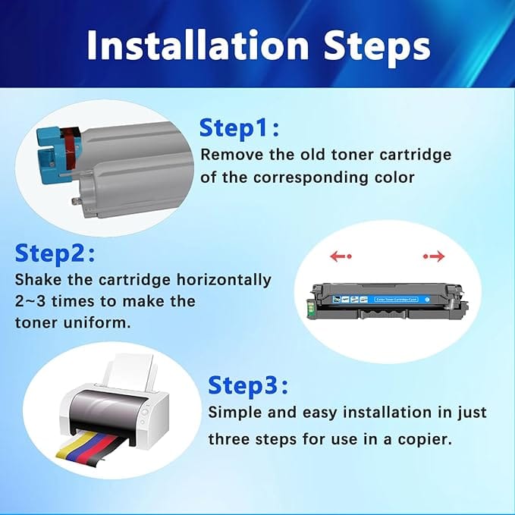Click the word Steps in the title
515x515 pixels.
[x=377, y=49]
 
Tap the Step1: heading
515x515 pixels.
[x=239, y=128]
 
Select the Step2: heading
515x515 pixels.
[x=55, y=254]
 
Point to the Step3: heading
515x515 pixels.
[x=248, y=386]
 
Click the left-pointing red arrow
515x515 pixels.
[x=341, y=256]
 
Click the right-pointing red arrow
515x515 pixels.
[x=434, y=256]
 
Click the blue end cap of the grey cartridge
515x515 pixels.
[x=50, y=152]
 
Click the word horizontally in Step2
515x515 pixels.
[x=224, y=280]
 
